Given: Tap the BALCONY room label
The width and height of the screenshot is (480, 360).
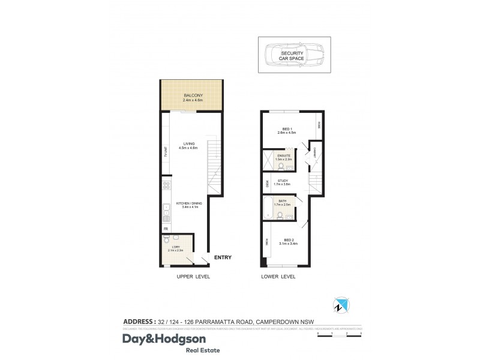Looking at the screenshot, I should [x=192, y=95].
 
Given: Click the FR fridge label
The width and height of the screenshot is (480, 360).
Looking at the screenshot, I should [x=165, y=229].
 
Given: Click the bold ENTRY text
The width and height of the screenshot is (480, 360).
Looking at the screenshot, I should [x=221, y=257].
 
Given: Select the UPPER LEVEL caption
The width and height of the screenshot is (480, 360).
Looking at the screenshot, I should [x=193, y=277].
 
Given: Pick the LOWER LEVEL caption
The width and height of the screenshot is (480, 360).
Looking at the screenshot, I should [x=278, y=277].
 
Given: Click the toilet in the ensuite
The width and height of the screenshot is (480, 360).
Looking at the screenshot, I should [x=281, y=169].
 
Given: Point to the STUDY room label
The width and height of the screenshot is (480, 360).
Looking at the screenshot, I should [x=282, y=181].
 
